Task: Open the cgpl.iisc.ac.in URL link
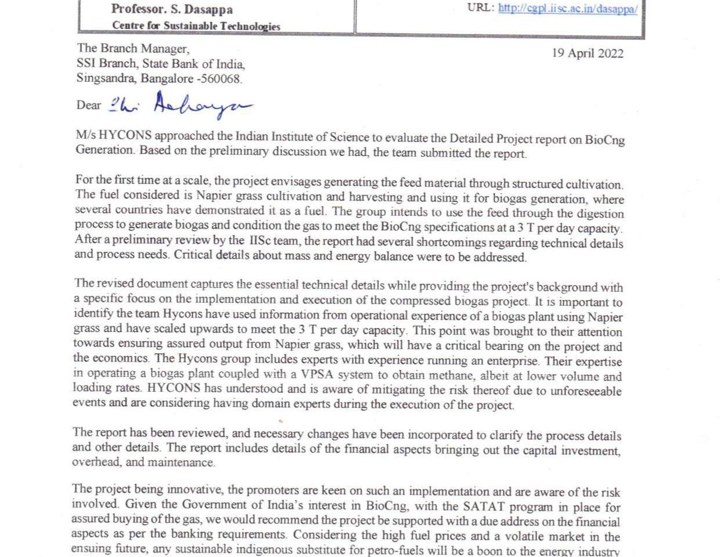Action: pyautogui.click(x=567, y=9)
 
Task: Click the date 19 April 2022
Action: pyautogui.click(x=588, y=53)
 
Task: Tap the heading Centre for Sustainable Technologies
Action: pyautogui.click(x=196, y=26)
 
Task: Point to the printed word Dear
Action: pyautogui.click(x=88, y=105)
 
